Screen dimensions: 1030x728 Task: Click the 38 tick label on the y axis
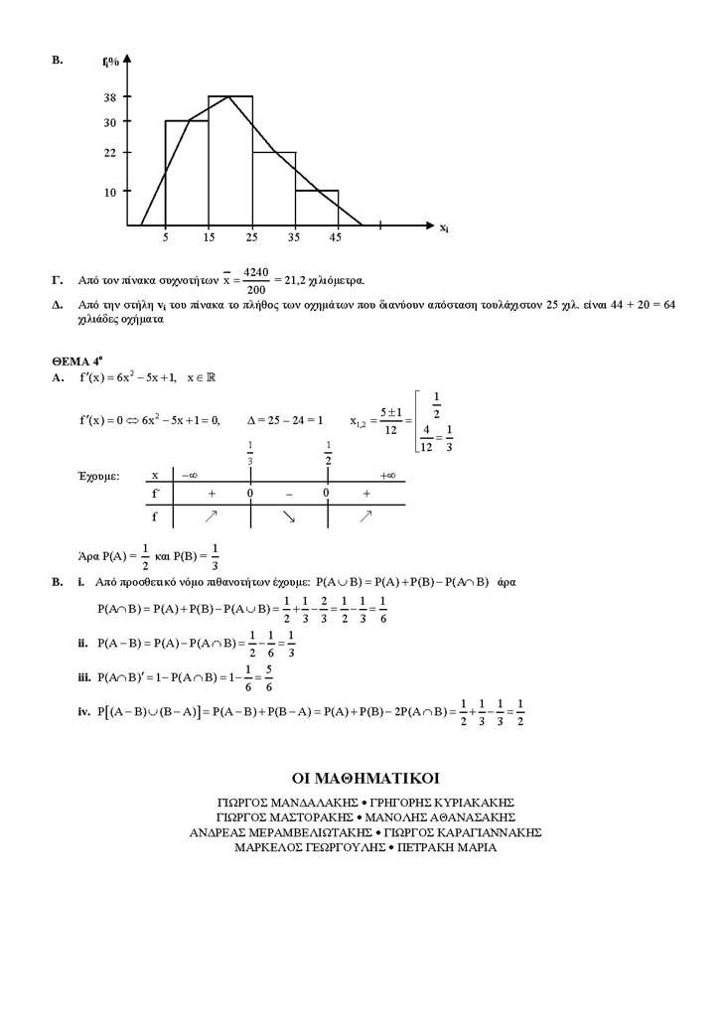pyautogui.click(x=109, y=97)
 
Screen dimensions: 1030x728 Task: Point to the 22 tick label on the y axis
pyautogui.click(x=109, y=152)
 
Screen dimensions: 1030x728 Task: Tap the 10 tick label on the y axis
pyautogui.click(x=110, y=191)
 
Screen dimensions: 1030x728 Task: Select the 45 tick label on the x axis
pyautogui.click(x=337, y=238)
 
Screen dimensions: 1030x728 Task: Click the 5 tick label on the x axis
pyautogui.click(x=165, y=238)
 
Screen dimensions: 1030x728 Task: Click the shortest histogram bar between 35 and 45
pyautogui.click(x=317, y=208)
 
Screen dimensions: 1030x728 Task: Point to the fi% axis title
pyautogui.click(x=110, y=62)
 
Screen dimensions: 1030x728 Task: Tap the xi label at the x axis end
pyautogui.click(x=444, y=227)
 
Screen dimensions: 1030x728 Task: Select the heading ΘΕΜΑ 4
pyautogui.click(x=75, y=363)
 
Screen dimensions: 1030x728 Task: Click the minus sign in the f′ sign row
pyautogui.click(x=288, y=493)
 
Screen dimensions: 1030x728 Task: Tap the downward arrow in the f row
pyautogui.click(x=288, y=516)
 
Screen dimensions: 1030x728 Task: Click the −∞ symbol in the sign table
pyautogui.click(x=190, y=475)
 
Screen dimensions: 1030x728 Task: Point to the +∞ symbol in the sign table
pyautogui.click(x=387, y=475)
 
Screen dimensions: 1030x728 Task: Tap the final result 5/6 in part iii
pyautogui.click(x=270, y=678)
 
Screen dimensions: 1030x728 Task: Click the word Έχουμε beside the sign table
pyautogui.click(x=98, y=476)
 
